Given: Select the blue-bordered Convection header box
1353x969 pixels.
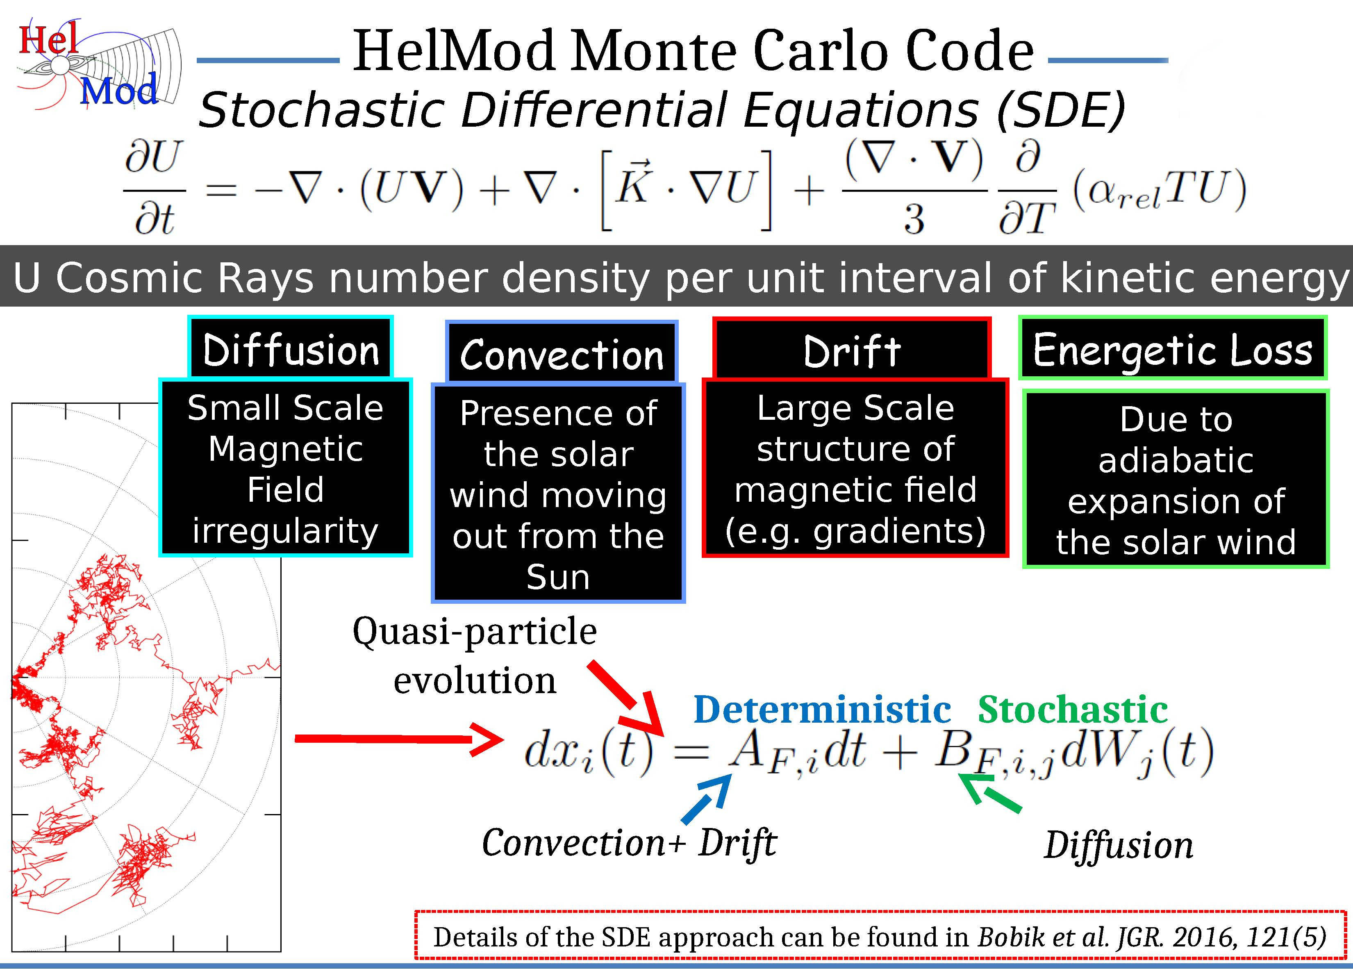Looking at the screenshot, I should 562,353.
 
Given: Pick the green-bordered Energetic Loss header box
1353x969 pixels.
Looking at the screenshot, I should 1172,349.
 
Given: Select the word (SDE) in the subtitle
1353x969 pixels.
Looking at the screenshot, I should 1060,110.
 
